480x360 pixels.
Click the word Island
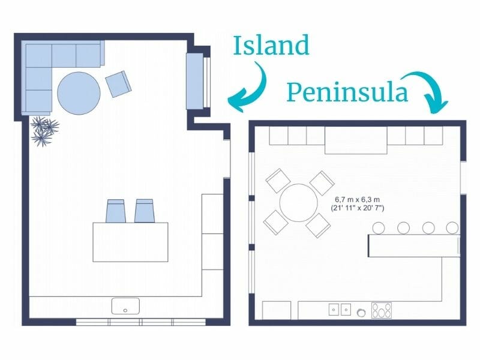(271, 46)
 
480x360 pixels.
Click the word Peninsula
(347, 93)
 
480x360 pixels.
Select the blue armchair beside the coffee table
(118, 83)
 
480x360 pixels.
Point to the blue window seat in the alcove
(195, 81)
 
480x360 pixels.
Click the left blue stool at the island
(115, 211)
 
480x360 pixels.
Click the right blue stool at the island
(144, 211)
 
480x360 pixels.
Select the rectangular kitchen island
(130, 242)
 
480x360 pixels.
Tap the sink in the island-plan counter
(125, 307)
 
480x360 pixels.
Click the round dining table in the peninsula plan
(298, 203)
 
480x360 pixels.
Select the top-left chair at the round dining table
(277, 181)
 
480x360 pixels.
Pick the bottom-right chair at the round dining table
(318, 226)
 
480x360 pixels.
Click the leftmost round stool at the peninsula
(378, 228)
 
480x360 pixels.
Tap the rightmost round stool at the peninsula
(452, 228)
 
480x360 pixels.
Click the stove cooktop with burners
(381, 310)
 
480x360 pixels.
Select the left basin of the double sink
(334, 310)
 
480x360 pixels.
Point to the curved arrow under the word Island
(250, 90)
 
